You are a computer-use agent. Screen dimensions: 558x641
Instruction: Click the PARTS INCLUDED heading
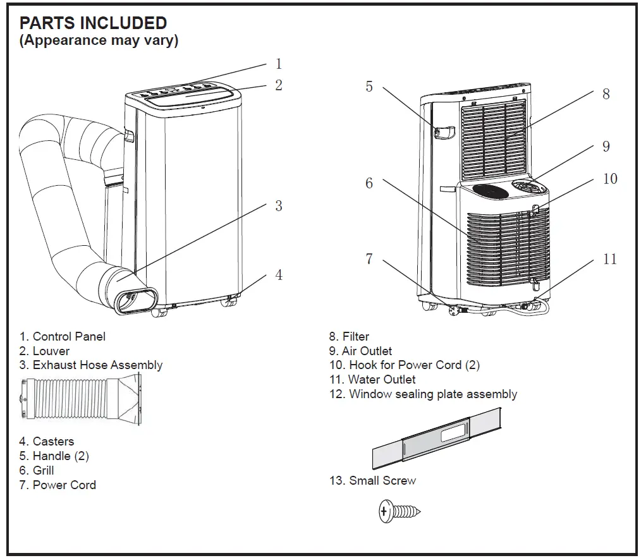point(93,23)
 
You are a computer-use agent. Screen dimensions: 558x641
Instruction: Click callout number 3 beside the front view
point(278,206)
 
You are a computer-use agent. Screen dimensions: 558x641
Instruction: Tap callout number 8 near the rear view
point(606,94)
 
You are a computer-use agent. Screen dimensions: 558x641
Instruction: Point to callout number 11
point(609,259)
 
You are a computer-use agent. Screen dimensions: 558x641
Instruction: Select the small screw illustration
point(400,511)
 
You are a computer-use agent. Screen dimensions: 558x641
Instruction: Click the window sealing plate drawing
point(437,438)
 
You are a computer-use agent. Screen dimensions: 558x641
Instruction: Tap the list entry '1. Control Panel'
point(62,337)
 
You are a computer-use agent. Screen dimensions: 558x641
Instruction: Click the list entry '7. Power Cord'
point(58,485)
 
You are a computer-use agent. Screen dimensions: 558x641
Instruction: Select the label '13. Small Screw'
point(372,481)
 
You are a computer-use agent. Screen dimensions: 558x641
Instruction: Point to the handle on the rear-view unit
point(444,132)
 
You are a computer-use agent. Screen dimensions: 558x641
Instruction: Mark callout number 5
point(369,87)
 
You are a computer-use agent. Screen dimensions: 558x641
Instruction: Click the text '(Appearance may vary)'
point(99,41)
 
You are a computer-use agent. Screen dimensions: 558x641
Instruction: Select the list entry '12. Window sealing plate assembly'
point(423,394)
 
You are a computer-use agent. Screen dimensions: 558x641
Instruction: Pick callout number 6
point(369,183)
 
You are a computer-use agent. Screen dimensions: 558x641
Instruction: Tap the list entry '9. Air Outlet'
point(360,351)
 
